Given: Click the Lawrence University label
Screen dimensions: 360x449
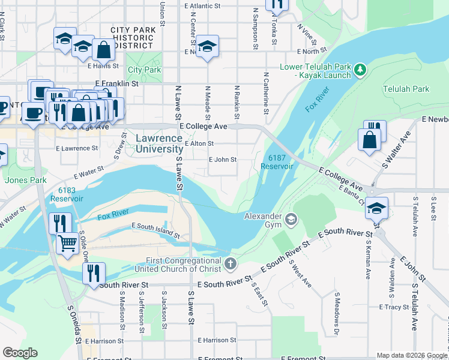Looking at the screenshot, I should pos(159,143).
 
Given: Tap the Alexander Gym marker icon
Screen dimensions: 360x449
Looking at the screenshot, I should pos(291,219).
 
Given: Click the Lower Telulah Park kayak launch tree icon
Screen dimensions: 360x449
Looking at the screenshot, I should pos(360,70).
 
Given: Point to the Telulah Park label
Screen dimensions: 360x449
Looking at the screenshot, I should pos(406,89).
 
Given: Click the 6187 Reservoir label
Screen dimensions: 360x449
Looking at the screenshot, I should pos(276,162).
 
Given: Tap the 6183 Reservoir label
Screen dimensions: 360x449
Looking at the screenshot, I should pos(67,194).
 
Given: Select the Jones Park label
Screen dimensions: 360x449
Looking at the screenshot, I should pos(25,179).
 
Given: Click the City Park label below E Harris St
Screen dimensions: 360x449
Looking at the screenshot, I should pos(144,70).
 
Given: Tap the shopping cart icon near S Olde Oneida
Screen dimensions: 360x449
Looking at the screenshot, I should pos(68,244).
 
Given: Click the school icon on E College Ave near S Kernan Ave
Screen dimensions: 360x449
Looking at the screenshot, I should pos(376,208).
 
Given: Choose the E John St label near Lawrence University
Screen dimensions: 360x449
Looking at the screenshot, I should pos(222,160).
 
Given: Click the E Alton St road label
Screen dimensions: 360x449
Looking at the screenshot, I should pos(199,143).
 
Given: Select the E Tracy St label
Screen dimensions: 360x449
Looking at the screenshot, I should pos(394,307).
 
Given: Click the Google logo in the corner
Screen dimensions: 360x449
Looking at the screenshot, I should pos(20,353).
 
